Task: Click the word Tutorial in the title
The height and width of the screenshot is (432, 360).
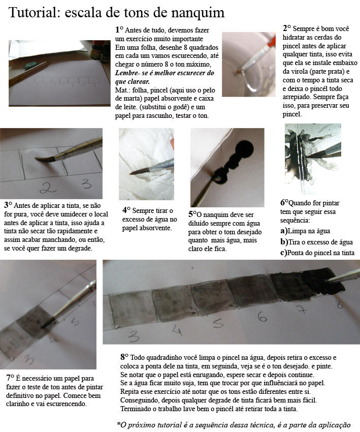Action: (x=35, y=12)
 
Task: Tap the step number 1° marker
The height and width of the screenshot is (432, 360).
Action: (x=119, y=29)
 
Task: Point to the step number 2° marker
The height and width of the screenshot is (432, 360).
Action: (x=286, y=28)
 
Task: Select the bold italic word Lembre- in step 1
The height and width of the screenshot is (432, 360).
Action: (x=127, y=73)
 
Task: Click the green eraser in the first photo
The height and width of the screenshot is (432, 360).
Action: (x=31, y=66)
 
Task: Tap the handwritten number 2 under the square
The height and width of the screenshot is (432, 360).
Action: (x=48, y=187)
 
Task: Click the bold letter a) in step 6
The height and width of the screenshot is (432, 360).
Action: (x=284, y=231)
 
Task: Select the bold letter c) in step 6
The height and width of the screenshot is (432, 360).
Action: (x=284, y=253)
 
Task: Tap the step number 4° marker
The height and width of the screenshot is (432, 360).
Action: (x=126, y=210)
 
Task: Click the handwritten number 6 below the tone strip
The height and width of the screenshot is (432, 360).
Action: (x=263, y=316)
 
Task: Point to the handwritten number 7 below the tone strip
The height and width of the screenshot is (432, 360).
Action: (x=302, y=309)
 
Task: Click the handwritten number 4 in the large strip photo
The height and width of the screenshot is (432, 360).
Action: (x=178, y=329)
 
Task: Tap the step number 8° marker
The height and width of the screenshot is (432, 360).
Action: (x=124, y=357)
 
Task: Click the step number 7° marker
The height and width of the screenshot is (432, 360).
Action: (x=10, y=378)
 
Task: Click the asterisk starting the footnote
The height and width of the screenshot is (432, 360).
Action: (x=119, y=423)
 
